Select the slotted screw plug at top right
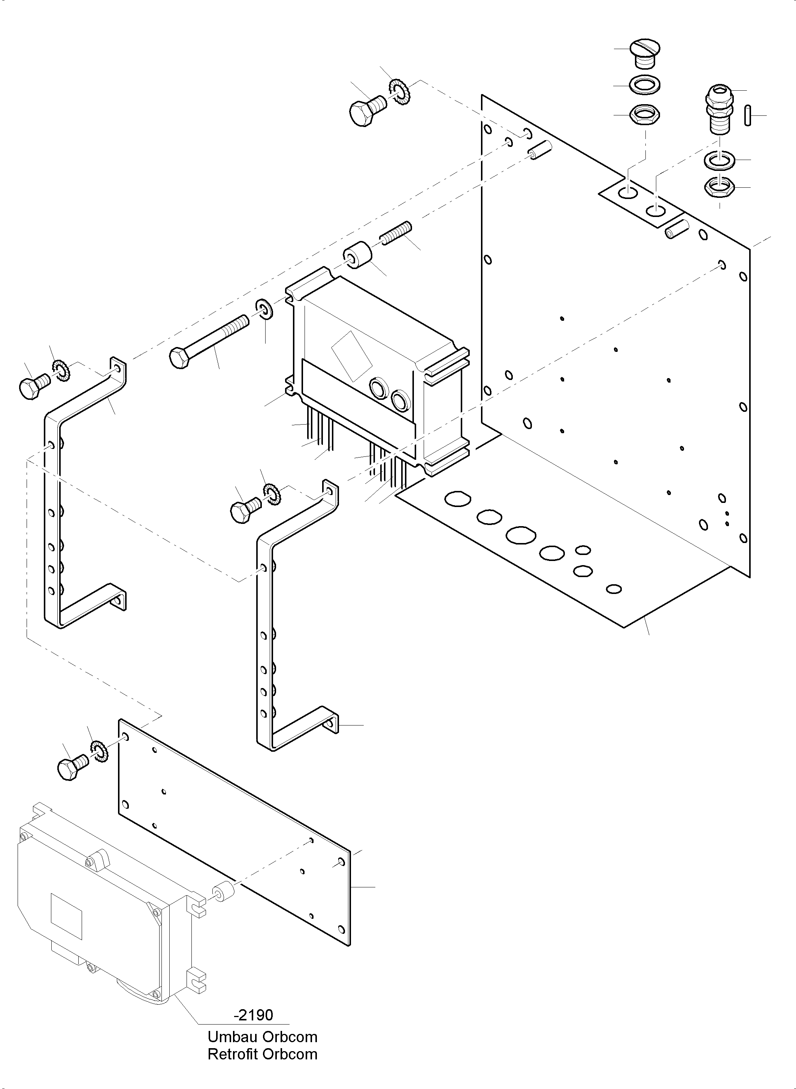(644, 54)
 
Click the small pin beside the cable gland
(747, 116)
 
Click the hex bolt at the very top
(366, 111)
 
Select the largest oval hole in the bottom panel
(521, 536)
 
